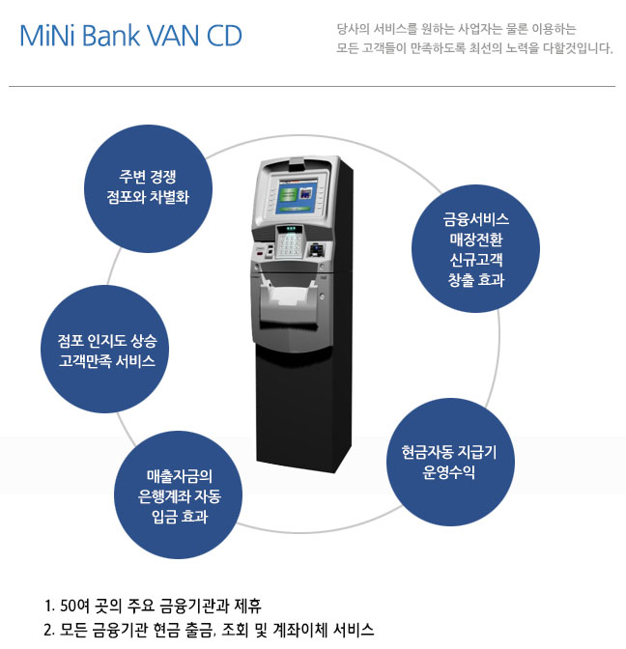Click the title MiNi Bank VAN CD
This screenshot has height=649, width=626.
point(130,37)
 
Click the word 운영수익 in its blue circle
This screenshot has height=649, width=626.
point(449,473)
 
